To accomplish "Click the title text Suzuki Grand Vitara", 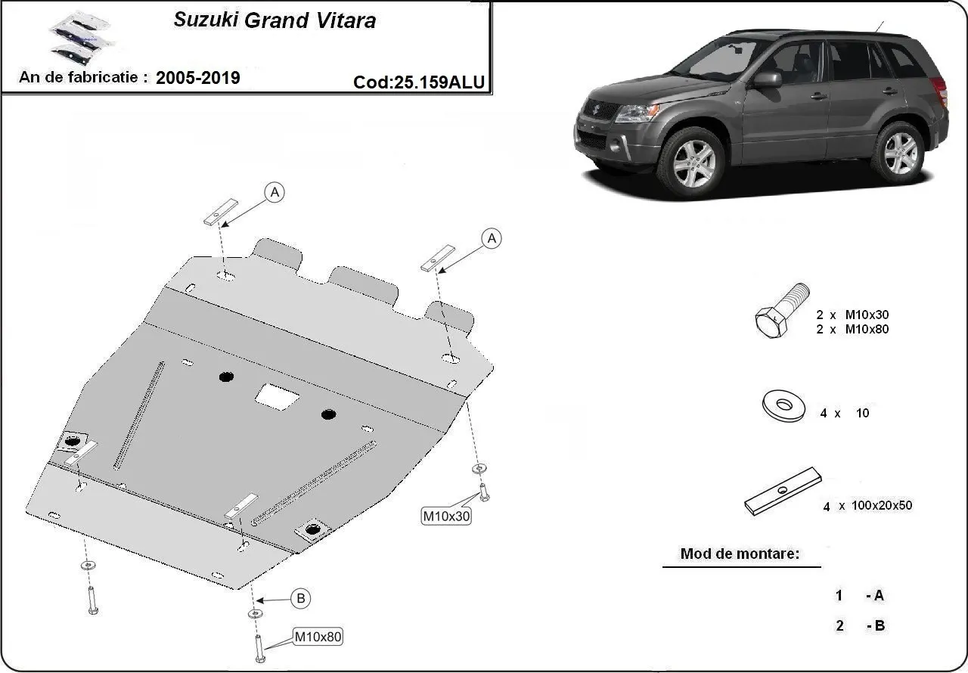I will click(275, 20).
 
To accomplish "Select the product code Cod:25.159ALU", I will click(419, 82).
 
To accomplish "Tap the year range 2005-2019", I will click(198, 77).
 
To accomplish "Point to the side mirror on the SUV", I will click(766, 79).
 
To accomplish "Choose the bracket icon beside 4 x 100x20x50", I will click(783, 492).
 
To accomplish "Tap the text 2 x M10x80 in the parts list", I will click(852, 329).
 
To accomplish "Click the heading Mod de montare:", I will click(740, 554).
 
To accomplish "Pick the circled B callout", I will click(301, 599).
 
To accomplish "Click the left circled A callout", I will click(275, 193).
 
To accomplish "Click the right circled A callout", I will click(492, 239).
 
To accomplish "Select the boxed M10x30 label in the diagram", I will click(446, 516).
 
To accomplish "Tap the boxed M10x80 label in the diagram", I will click(318, 637).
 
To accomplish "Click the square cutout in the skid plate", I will click(277, 395).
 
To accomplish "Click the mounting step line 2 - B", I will click(859, 625).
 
